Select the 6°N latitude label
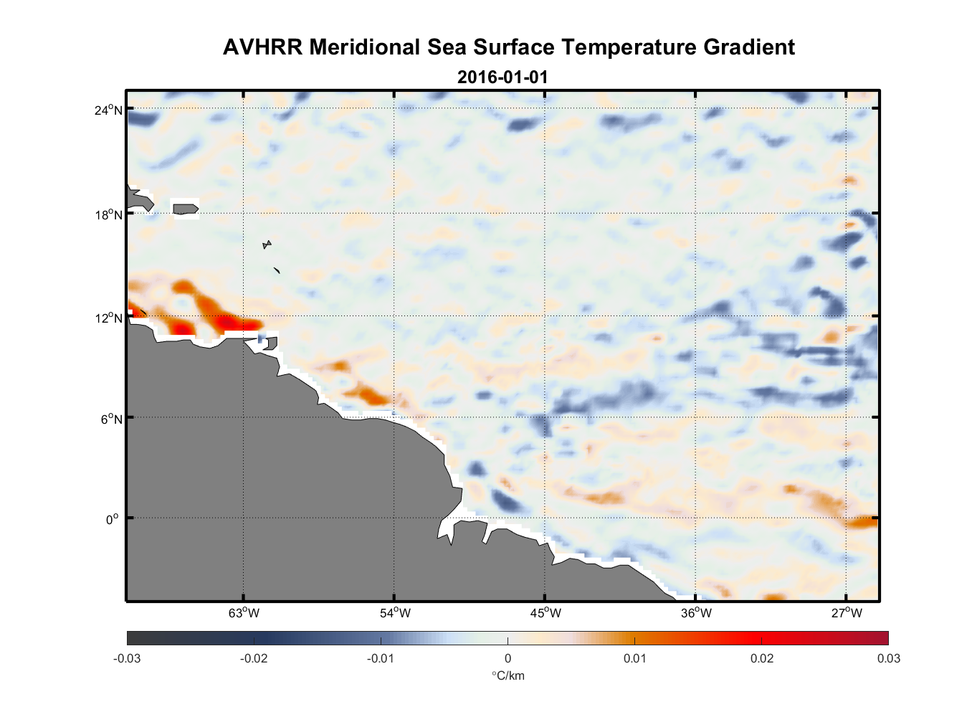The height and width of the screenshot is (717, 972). click(x=111, y=419)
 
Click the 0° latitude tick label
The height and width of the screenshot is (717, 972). click(x=113, y=519)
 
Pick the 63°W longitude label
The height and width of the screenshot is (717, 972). click(x=244, y=613)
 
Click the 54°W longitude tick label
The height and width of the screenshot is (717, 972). click(x=395, y=613)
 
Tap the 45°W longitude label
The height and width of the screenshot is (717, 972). click(x=545, y=613)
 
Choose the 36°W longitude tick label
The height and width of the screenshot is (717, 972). click(x=696, y=613)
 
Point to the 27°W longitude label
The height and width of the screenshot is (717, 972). click(x=847, y=613)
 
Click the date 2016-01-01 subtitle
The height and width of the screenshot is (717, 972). click(x=502, y=77)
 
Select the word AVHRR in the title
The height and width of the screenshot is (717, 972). click(x=262, y=47)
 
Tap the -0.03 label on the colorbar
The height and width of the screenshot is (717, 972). click(x=127, y=658)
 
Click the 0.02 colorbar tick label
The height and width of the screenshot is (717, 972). click(x=761, y=658)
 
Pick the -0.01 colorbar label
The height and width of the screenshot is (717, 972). click(x=380, y=658)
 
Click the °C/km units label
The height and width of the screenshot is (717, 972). click(x=508, y=675)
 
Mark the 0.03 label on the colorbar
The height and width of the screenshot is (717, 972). click(x=888, y=658)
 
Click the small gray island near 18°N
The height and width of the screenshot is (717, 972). click(x=185, y=209)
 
